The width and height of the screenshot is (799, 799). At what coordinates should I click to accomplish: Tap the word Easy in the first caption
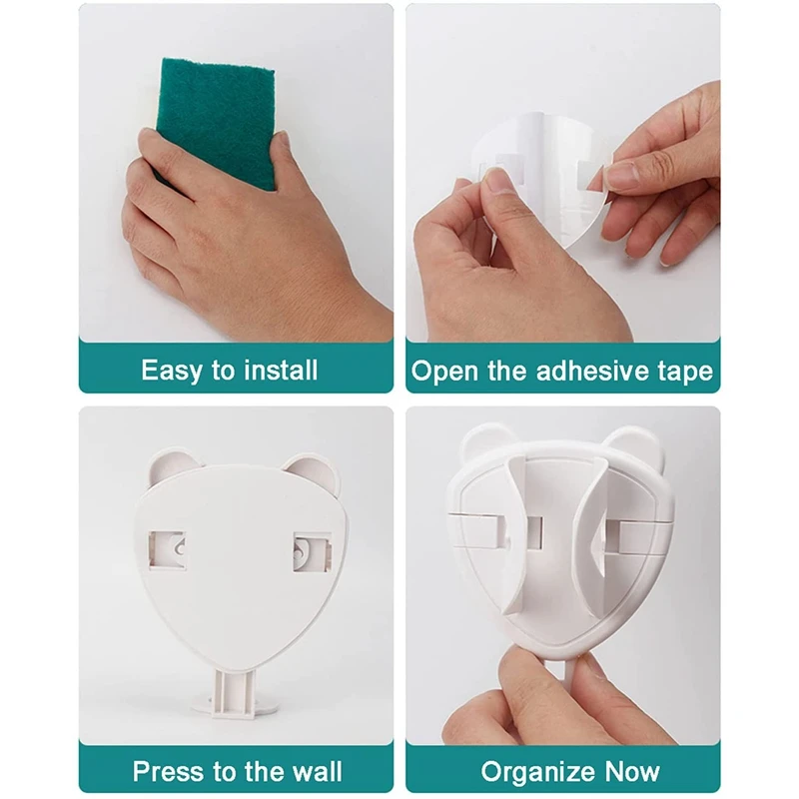[x=171, y=371]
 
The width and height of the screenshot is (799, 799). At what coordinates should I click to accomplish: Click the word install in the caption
[x=281, y=370]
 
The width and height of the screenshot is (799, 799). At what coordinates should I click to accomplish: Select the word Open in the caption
[x=445, y=372]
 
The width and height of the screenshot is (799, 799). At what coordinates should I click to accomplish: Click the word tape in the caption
[x=685, y=372]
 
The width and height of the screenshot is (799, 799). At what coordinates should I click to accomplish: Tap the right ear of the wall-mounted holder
[x=313, y=471]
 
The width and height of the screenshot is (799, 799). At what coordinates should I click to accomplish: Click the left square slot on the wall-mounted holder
[x=167, y=550]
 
